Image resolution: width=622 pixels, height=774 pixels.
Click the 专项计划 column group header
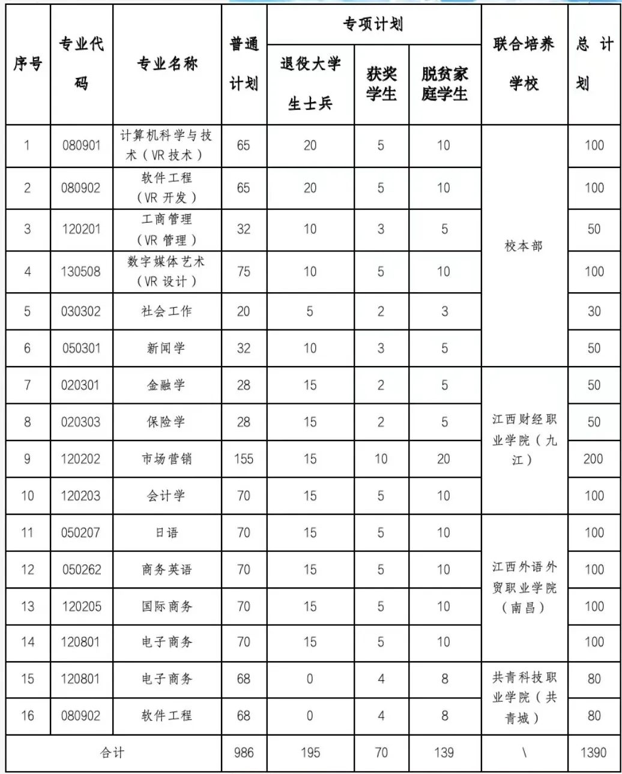coord(373,25)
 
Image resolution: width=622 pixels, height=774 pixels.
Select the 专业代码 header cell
coord(81,63)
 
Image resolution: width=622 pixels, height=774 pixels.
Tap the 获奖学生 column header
coord(381,84)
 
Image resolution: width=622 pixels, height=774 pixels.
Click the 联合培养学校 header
coord(524,63)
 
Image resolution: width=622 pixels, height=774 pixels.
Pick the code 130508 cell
coord(81,271)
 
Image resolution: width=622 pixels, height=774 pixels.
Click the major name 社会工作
coord(166,311)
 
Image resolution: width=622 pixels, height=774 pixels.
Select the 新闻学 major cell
coord(166,348)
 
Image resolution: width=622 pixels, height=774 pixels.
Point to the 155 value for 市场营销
coord(244,459)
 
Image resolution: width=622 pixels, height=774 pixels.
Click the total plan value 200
coord(593,459)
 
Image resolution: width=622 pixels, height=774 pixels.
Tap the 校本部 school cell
coord(524,246)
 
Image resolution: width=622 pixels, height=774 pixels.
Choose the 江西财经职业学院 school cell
coord(524,440)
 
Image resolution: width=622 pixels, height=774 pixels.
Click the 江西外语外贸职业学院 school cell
coord(524,587)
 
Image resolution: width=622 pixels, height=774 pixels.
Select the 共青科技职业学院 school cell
coord(524,697)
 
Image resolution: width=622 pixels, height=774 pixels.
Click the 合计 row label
coord(113,752)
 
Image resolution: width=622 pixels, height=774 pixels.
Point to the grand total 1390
coord(593,752)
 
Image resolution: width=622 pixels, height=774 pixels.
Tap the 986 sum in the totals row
coord(244,752)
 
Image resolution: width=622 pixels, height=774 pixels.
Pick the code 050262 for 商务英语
coord(81,569)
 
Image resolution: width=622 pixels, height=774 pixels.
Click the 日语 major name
coord(166,532)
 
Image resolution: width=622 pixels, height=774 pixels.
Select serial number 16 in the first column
coord(28,715)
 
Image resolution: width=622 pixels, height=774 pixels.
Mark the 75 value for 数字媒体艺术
coord(244,271)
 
